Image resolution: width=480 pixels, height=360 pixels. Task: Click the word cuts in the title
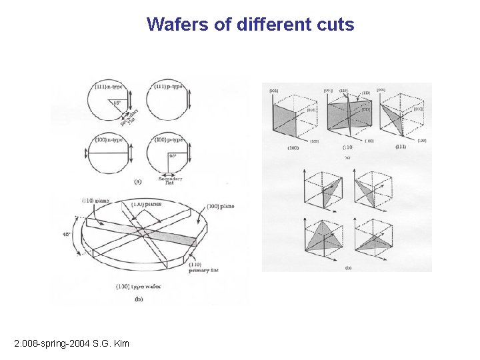(337, 25)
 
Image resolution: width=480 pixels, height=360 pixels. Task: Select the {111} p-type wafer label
(169, 86)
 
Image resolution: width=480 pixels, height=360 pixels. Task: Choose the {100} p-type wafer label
(169, 139)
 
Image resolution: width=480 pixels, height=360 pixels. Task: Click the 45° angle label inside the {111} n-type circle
(116, 103)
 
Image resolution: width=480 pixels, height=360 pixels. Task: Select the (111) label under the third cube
(400, 147)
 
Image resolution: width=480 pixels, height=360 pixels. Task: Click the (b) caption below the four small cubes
(348, 268)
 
